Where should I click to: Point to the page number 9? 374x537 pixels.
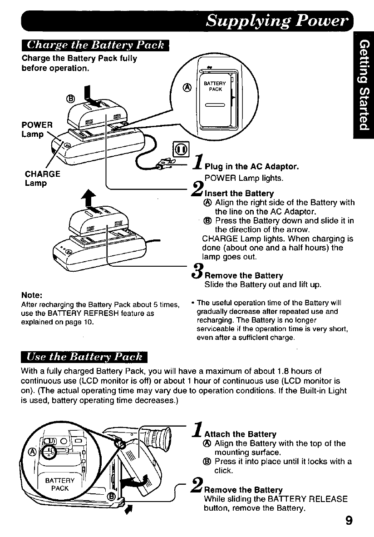click(349, 520)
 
